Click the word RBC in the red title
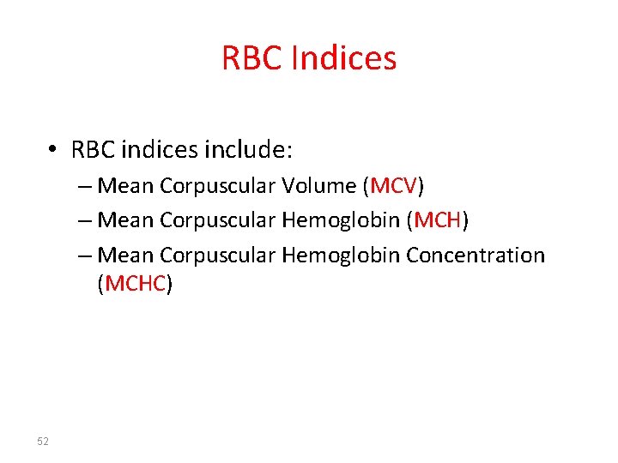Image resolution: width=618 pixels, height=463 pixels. tap(252, 58)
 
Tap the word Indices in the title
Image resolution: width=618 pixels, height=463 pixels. tap(344, 58)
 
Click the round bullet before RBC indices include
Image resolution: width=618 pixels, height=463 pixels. tap(53, 151)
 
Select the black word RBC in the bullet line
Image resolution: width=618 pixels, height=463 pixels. tap(93, 151)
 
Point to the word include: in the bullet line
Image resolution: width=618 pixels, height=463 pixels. tap(249, 151)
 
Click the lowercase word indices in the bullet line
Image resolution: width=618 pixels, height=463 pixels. tap(160, 151)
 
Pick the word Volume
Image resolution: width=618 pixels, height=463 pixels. tap(318, 186)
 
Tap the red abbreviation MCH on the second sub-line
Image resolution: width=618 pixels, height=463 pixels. tap(439, 220)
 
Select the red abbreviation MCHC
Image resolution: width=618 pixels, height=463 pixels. tap(135, 284)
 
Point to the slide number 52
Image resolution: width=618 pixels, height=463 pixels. tap(43, 441)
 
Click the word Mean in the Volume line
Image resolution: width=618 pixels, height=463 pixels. tap(126, 186)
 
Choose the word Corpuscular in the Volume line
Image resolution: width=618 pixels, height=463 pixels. tap(217, 186)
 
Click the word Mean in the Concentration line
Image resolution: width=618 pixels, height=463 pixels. tap(126, 256)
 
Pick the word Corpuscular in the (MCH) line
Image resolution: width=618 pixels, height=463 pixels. tap(217, 220)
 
